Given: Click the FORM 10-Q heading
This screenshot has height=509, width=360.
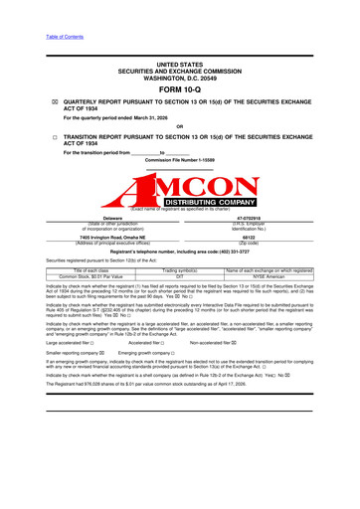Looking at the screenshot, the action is (x=179, y=89).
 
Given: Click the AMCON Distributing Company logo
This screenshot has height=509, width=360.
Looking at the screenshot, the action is (x=180, y=187).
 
